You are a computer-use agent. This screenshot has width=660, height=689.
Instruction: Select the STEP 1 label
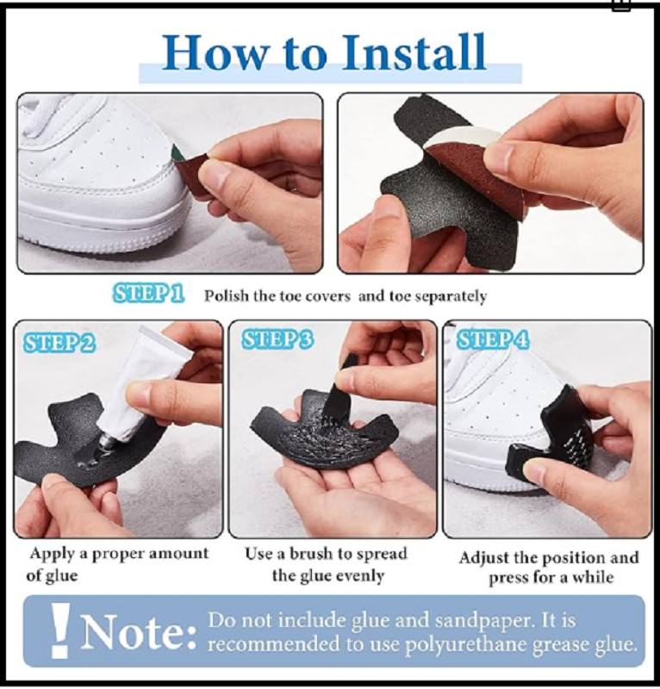tap(147, 294)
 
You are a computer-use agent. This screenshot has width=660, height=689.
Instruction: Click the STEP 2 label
tap(59, 343)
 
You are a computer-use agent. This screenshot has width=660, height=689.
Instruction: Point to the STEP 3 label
tap(278, 339)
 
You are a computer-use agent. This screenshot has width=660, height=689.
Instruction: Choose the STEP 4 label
tap(493, 339)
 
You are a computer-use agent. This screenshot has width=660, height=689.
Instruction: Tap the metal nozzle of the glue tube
tap(107, 440)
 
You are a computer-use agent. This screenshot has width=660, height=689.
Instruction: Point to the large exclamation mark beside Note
tap(59, 631)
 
